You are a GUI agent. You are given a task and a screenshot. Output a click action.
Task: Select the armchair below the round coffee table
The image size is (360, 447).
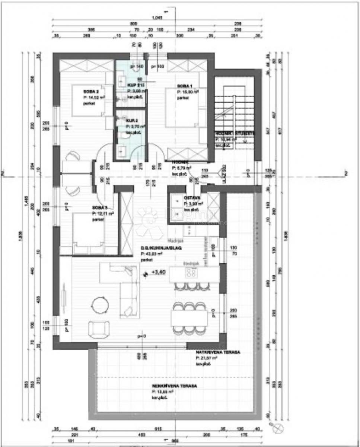(x=99, y=329)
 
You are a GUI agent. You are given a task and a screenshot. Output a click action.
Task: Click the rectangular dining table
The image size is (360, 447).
(x=189, y=317)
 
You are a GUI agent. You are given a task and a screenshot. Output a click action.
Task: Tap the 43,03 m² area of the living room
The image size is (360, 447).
(x=150, y=253)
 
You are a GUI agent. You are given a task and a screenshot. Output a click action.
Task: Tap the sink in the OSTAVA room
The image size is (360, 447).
(x=175, y=202)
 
